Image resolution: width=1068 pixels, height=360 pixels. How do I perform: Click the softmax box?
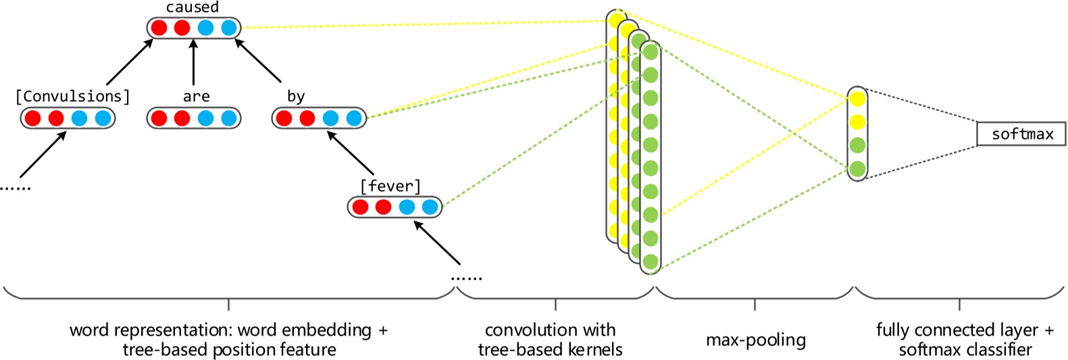[1021, 134]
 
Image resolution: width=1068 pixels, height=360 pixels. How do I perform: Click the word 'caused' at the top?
[193, 7]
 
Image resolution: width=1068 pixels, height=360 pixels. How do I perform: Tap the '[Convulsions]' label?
[72, 97]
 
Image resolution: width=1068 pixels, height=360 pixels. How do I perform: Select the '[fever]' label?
[390, 186]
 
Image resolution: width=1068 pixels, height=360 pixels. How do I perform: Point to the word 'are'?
[196, 97]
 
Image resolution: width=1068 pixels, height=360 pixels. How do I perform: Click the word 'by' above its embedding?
[296, 97]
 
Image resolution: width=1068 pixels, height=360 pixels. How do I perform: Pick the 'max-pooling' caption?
[755, 340]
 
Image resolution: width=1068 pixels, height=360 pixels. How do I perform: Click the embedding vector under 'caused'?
[194, 28]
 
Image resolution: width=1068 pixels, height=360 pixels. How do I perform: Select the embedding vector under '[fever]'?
[395, 207]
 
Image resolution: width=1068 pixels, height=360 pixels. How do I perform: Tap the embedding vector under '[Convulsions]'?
[68, 118]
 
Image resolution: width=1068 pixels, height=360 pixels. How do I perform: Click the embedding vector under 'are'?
[194, 118]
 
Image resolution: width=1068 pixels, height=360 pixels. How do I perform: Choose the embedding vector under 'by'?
[319, 118]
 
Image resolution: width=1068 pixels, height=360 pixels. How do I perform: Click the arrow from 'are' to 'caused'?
[194, 62]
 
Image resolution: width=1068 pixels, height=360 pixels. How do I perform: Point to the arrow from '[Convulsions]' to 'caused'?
[128, 62]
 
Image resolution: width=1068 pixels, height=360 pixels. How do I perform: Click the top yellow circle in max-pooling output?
[857, 99]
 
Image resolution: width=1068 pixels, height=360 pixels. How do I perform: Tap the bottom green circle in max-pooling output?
[857, 168]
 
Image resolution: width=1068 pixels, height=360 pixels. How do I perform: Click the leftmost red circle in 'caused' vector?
[159, 28]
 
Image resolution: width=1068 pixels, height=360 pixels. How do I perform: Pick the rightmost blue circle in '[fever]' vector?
[430, 207]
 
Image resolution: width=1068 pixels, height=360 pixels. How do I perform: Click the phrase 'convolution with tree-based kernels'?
[550, 340]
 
